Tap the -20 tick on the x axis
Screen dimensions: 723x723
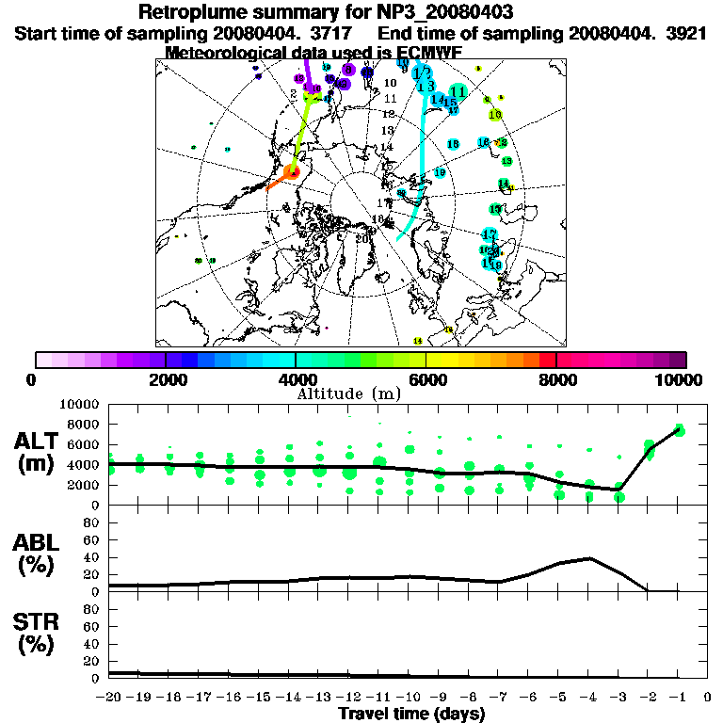tap(110, 698)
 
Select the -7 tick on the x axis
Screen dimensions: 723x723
tap(499, 698)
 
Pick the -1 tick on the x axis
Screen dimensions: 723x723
tap(678, 698)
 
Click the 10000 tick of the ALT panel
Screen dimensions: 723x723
tap(80, 405)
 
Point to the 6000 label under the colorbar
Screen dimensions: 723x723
tap(426, 379)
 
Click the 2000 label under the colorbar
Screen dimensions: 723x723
tap(166, 379)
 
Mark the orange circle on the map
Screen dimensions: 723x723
tap(293, 172)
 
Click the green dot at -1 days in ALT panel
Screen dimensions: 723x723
tap(679, 431)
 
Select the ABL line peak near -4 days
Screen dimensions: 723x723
tap(589, 558)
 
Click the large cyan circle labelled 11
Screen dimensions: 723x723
tap(458, 91)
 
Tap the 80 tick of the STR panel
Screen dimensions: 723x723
tap(95, 608)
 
